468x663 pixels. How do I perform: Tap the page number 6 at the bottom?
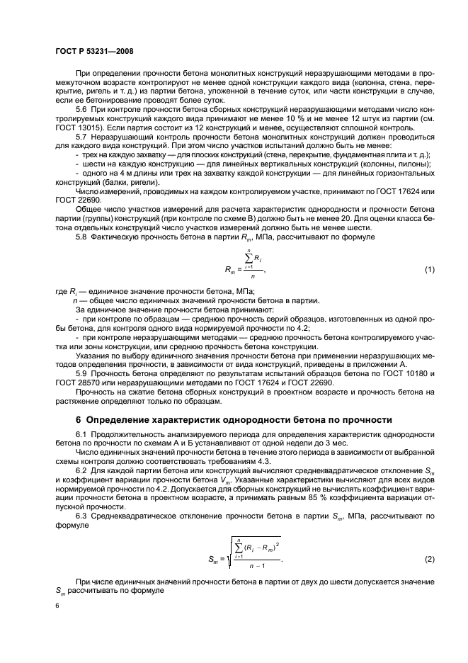[x=57, y=606]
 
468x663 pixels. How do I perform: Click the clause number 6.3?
[x=82, y=515]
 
